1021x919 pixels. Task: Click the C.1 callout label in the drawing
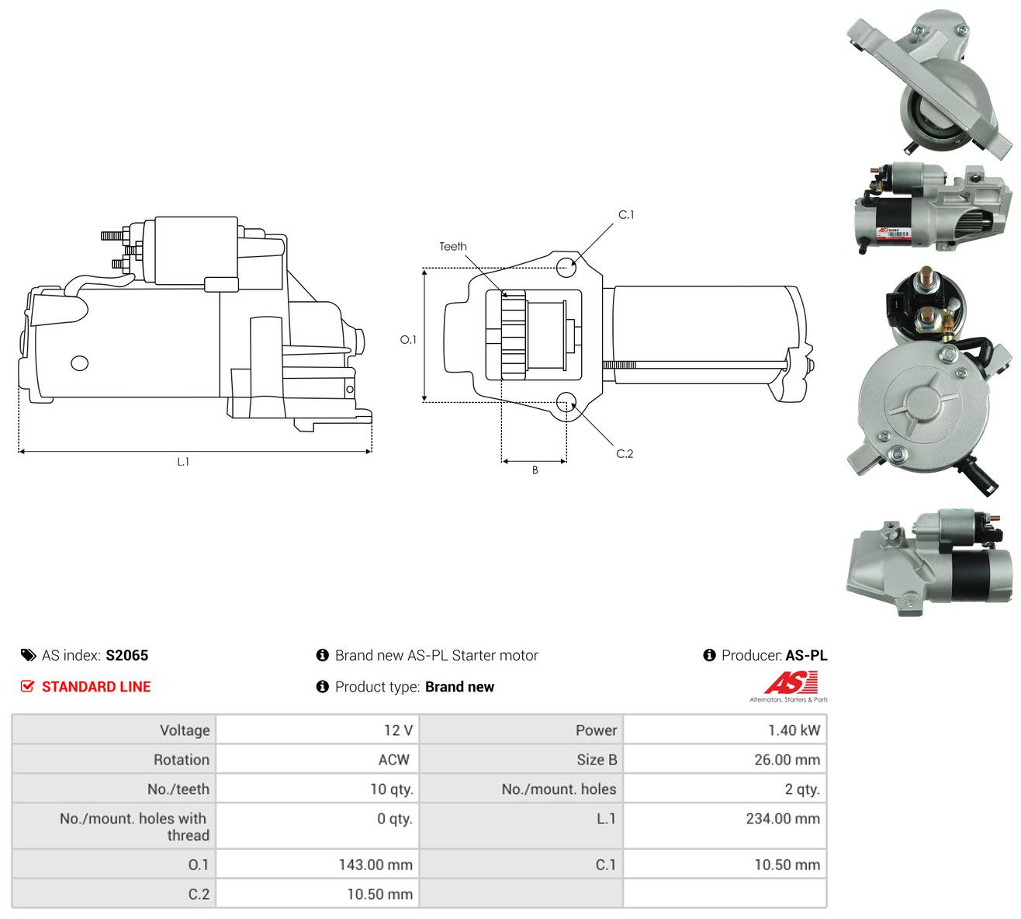coord(626,215)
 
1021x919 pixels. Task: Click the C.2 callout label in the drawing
coord(625,454)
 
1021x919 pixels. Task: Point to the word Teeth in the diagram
coord(453,247)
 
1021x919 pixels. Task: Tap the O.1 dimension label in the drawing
coord(408,339)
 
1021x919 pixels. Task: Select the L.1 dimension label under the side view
coord(183,462)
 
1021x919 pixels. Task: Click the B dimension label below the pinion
coord(535,470)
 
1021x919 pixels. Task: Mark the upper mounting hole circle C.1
coord(566,267)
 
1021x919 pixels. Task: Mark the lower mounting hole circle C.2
coord(566,402)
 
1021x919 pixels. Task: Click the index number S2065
coord(126,655)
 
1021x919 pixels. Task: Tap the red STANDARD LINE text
coord(96,687)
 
